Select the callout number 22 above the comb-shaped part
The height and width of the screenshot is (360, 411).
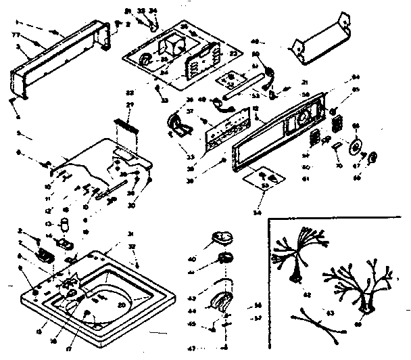(129, 91)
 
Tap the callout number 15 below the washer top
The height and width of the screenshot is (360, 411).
(39, 332)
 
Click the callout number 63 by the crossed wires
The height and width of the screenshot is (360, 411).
(331, 312)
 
